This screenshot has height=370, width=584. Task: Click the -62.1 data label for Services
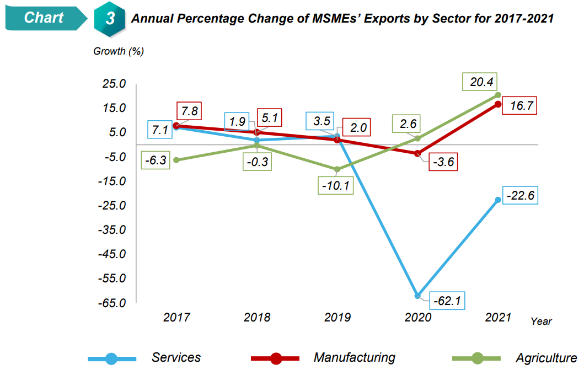[447, 302]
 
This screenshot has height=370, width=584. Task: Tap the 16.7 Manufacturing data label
[521, 106]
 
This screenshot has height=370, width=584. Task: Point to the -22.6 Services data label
[520, 196]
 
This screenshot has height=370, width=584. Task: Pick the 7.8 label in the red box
[189, 111]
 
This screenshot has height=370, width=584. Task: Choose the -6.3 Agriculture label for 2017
[156, 161]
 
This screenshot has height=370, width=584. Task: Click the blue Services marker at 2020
[417, 296]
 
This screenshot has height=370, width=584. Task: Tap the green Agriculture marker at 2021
[498, 95]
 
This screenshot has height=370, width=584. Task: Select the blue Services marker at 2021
[498, 200]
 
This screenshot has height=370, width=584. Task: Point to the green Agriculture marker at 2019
[337, 169]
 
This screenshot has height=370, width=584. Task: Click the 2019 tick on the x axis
[337, 318]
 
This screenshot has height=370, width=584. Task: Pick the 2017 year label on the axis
[176, 318]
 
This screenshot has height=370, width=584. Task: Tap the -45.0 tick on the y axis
[112, 254]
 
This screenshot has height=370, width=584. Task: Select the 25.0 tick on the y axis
[112, 84]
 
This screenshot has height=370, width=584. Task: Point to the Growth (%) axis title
[119, 51]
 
